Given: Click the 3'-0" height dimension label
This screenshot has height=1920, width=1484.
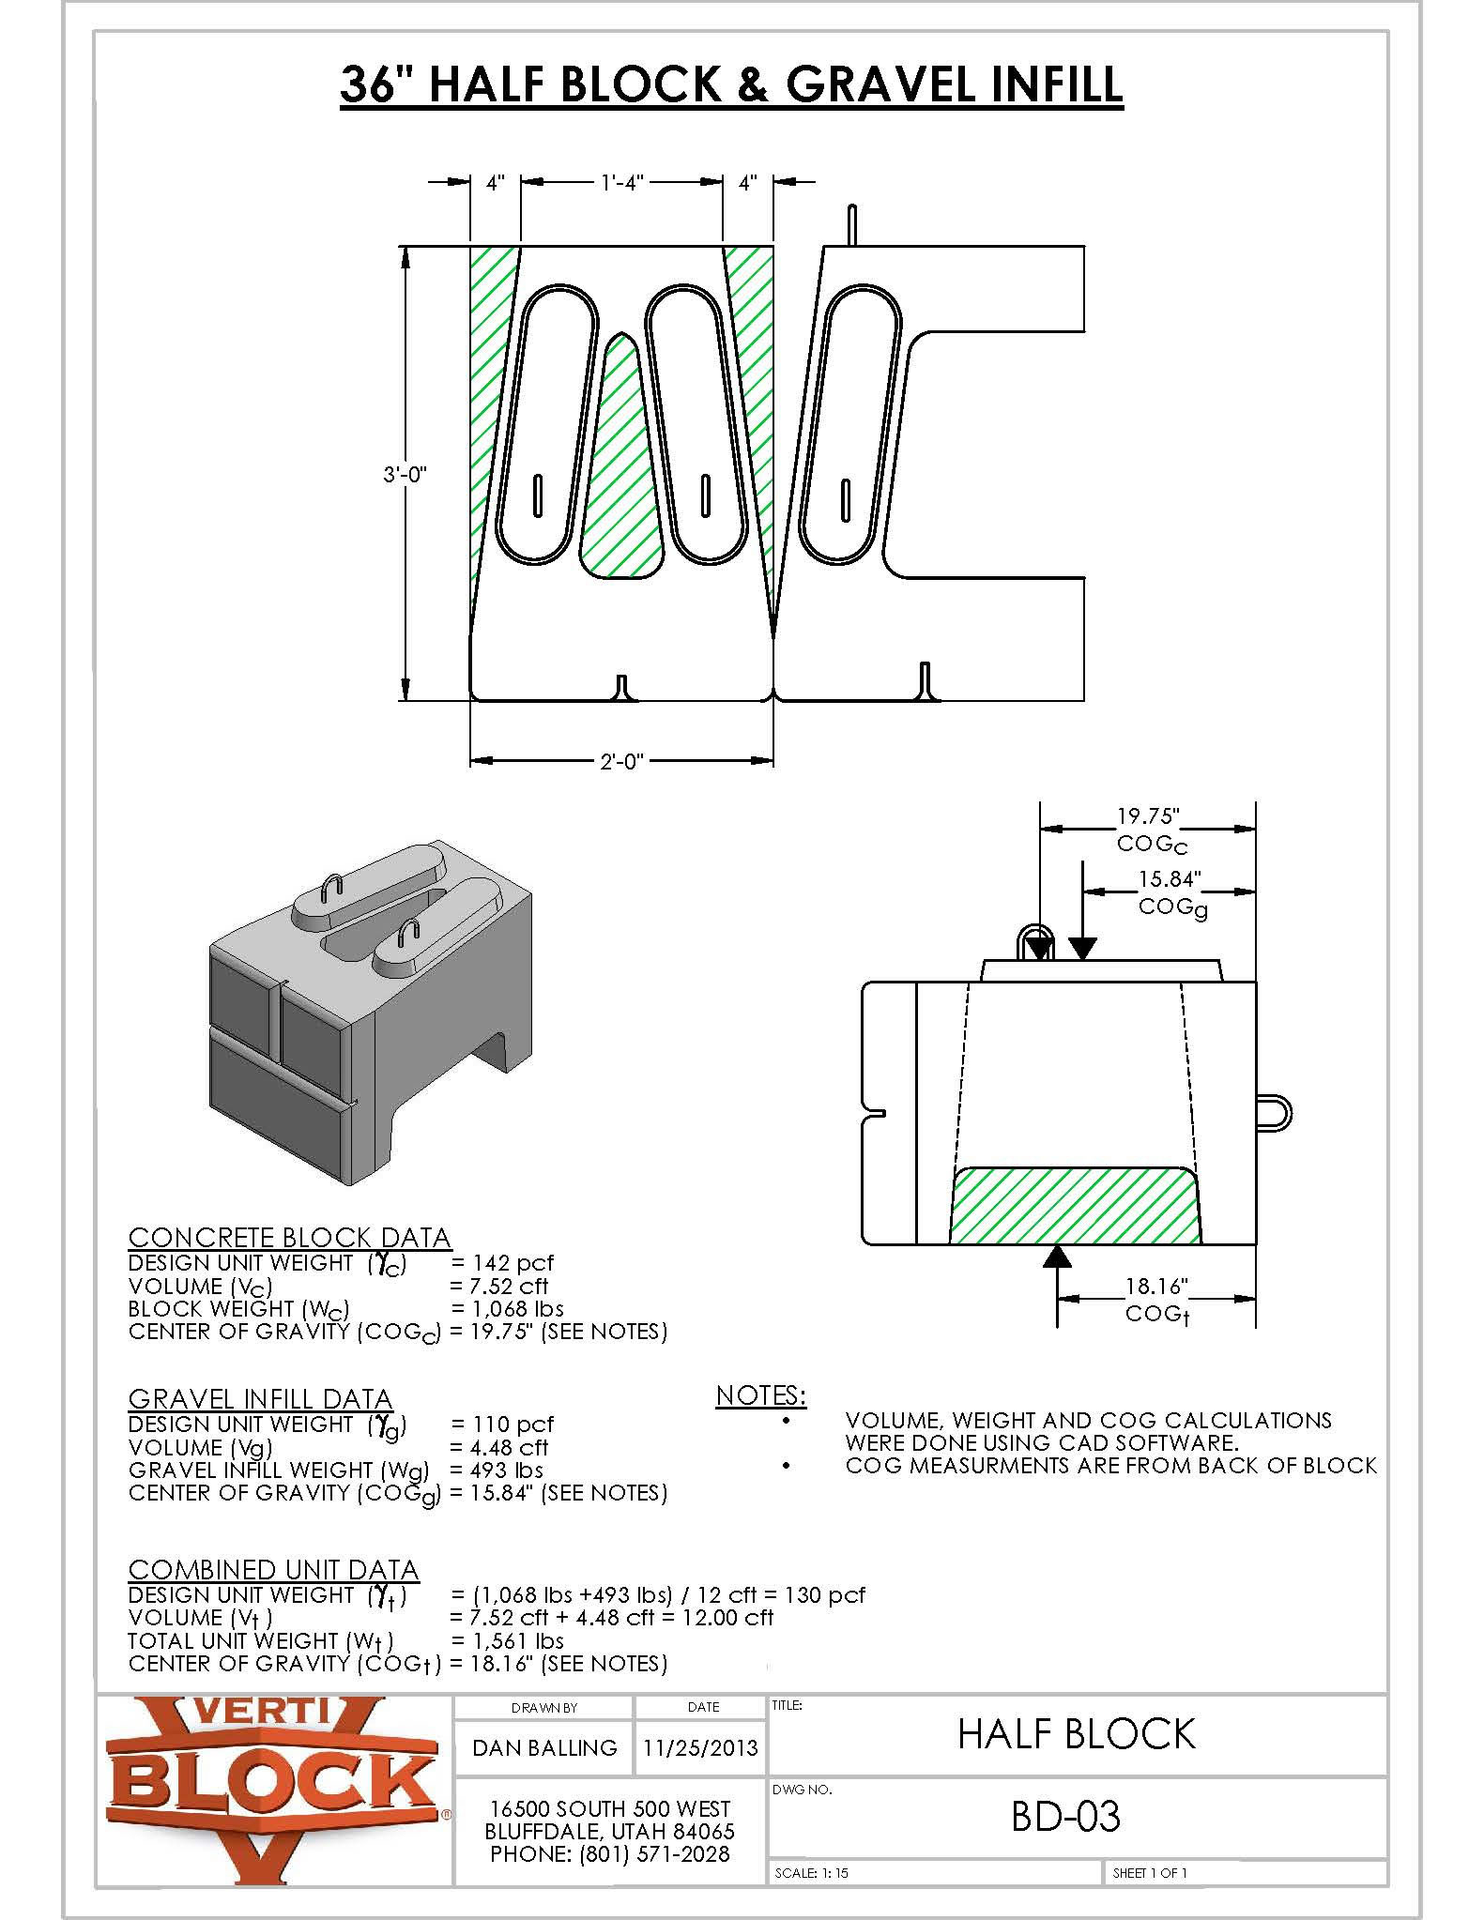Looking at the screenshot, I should click(405, 475).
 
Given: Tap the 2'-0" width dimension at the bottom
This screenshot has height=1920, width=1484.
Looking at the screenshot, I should click(621, 761).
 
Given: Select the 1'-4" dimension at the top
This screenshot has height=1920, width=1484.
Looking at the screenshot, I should click(621, 183).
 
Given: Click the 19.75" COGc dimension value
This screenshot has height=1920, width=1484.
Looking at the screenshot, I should click(1147, 816).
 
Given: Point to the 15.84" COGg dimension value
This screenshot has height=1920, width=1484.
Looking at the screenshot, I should click(1170, 879).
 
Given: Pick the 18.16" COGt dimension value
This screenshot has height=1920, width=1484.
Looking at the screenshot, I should click(1157, 1286).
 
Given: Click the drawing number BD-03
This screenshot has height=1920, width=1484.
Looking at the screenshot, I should click(1064, 1817).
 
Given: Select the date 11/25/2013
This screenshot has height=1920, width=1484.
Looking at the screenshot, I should click(700, 1747).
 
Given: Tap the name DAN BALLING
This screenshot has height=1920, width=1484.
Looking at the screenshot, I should click(544, 1747).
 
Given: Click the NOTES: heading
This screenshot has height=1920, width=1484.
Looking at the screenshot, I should click(760, 1395).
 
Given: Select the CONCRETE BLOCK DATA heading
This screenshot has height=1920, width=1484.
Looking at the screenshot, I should click(289, 1238).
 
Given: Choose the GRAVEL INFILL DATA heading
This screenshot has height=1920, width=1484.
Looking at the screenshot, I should click(260, 1399).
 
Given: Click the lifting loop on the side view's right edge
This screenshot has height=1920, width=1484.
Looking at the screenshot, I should click(1275, 1113).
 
